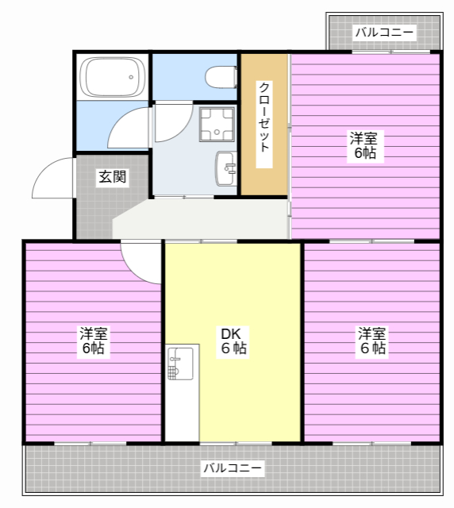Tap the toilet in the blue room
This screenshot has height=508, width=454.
[x=220, y=77]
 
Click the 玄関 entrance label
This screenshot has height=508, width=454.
[x=112, y=177]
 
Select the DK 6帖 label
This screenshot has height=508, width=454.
[x=233, y=341]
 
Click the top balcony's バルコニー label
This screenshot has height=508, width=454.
[x=384, y=33]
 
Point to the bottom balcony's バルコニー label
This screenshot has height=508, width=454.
[x=232, y=468]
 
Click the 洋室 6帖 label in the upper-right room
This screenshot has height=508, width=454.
[x=364, y=146]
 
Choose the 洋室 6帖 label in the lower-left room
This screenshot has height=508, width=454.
[x=93, y=341]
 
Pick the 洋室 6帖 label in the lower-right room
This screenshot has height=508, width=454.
[x=371, y=341]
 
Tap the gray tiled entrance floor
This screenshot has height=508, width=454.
[x=95, y=210]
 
